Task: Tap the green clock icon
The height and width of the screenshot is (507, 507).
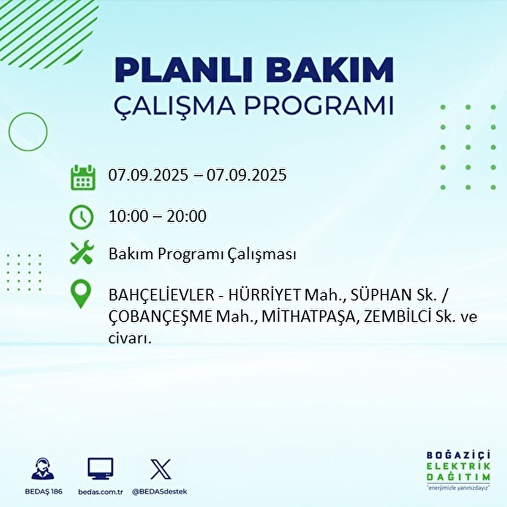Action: pos(82,217)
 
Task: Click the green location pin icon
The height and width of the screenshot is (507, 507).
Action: pos(81,294)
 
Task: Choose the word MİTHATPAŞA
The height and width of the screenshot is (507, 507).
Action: pos(308,317)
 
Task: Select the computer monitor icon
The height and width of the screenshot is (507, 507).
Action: pos(101,469)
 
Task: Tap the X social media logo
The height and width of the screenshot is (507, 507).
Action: pos(161,469)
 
